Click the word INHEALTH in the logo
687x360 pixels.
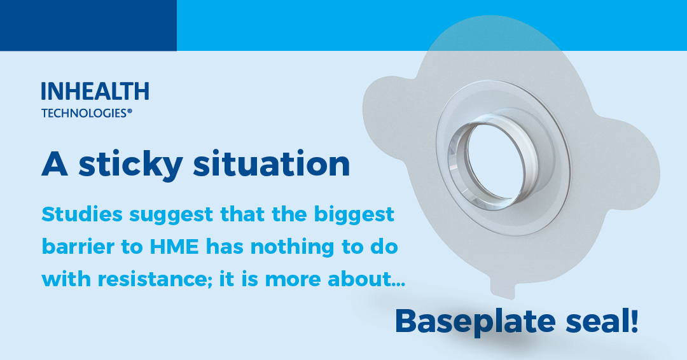(x=95, y=92)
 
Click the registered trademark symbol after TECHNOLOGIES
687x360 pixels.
(x=130, y=111)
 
